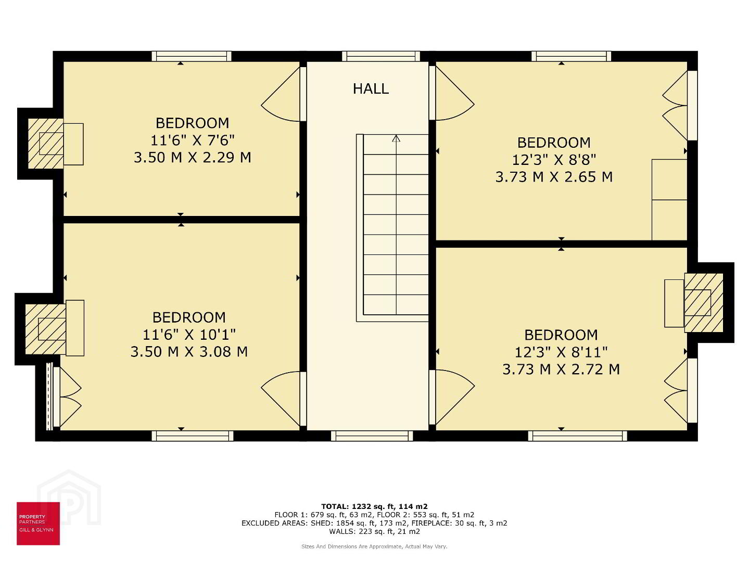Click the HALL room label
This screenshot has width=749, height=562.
(x=371, y=88)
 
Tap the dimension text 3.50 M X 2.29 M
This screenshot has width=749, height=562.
(x=193, y=158)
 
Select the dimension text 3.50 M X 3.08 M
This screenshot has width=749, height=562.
(x=189, y=352)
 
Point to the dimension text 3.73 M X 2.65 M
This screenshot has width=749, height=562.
(x=554, y=177)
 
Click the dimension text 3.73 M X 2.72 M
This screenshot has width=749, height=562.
(x=561, y=369)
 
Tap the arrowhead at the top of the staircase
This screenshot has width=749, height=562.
(x=396, y=138)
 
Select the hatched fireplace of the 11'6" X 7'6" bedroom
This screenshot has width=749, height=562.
(x=45, y=144)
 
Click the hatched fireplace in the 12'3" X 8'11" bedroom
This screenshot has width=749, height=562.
(x=704, y=302)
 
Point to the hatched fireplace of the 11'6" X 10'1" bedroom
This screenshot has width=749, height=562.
(x=45, y=329)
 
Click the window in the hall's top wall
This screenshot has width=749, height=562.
(x=381, y=56)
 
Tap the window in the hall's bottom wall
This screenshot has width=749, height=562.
(x=372, y=436)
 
